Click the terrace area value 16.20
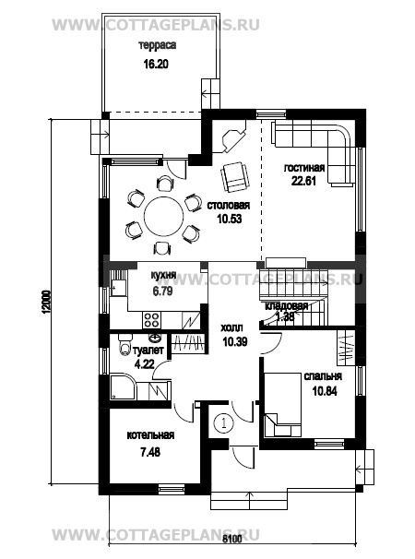pos(156,65)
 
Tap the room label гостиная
pos(304,168)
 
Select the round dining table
pos(163,216)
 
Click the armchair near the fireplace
pos(235,176)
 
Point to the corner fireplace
pos(233,137)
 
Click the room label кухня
pos(163,275)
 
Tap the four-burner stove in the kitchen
pos(151,319)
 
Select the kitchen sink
pos(118,287)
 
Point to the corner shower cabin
pos(123,387)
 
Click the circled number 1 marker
pos(223,423)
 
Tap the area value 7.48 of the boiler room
pos(150,452)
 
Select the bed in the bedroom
pos(283,405)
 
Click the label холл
pos(232,327)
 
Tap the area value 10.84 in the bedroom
pos(325,391)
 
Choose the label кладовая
pos(286,306)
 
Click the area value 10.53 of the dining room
pos(230,219)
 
